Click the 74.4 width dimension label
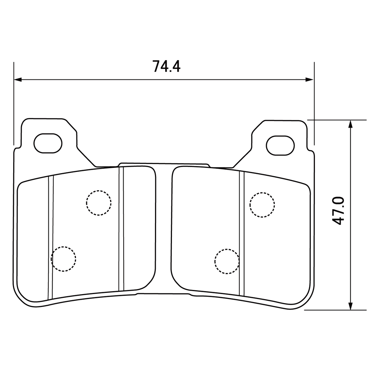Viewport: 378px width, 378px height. tap(166, 66)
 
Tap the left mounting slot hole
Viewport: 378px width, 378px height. tap(48, 143)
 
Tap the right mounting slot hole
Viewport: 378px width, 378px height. tap(280, 146)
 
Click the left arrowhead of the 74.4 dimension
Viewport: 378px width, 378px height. tap(18, 79)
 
